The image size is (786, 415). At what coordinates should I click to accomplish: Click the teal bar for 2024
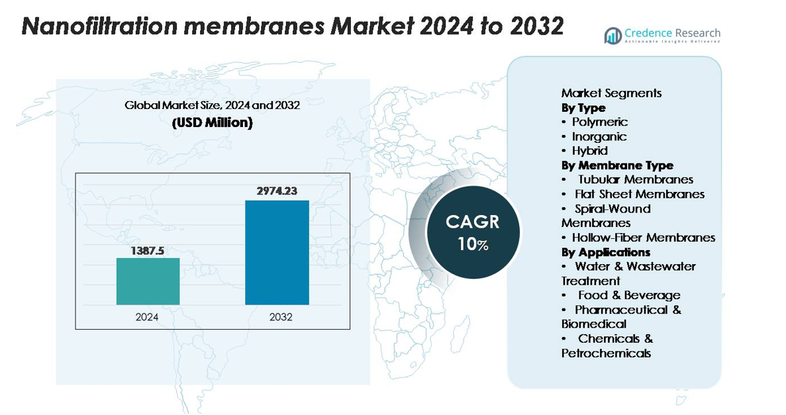148,281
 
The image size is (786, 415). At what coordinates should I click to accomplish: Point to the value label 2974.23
277,191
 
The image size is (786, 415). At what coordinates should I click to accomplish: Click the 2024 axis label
148,317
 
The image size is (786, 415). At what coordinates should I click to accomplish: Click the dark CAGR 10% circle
473,232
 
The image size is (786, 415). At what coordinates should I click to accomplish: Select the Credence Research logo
662,35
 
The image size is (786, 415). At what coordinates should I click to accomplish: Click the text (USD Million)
212,123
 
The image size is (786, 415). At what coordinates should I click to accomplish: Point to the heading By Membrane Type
617,165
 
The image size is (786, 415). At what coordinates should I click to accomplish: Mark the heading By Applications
606,252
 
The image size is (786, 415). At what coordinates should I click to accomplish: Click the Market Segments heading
611,93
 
